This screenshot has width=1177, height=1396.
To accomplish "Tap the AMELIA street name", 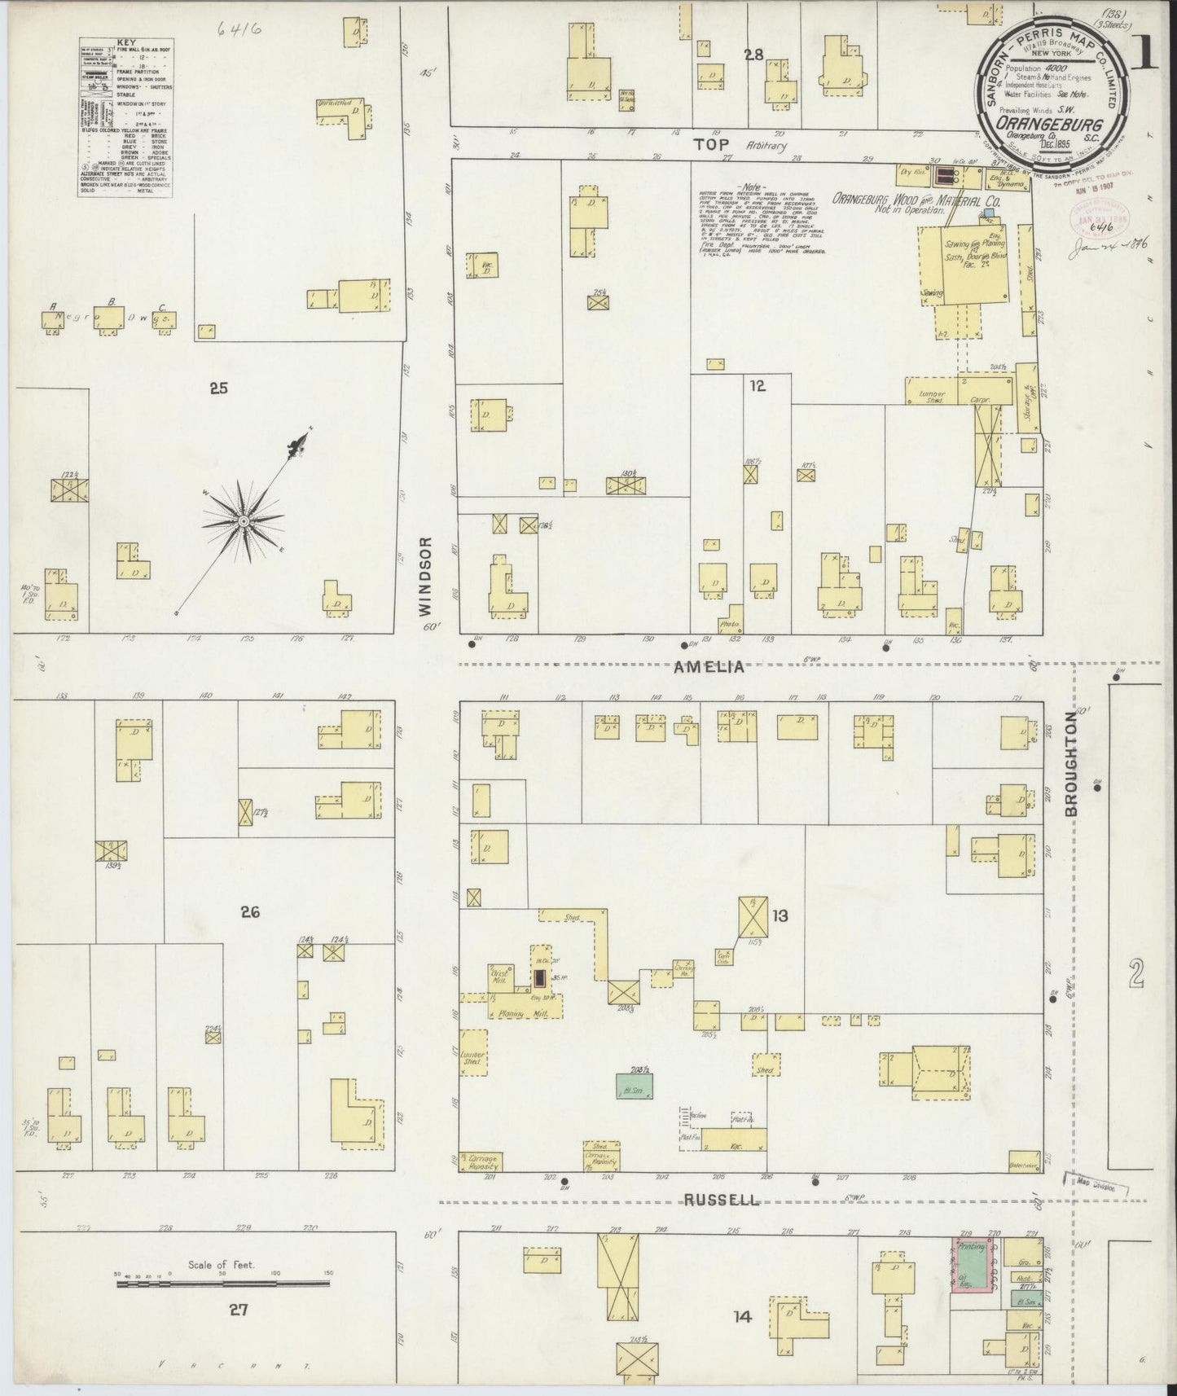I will tap(709, 666).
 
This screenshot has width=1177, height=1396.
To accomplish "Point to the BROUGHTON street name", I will tap(1071, 770).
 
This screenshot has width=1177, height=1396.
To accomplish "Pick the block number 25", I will tap(217, 389).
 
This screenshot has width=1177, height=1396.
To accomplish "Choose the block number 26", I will tap(249, 912).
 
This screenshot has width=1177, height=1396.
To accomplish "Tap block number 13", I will tap(780, 916).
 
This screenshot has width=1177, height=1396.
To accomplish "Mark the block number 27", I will tap(238, 1310).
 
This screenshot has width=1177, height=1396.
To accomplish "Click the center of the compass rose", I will tap(243, 520).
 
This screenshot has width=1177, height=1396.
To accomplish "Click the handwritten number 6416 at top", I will tap(240, 30).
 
